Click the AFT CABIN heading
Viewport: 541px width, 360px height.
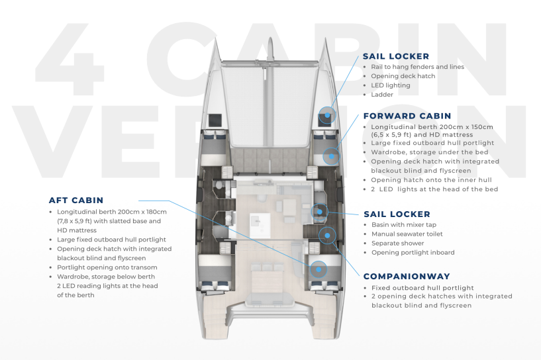click(x=76, y=200)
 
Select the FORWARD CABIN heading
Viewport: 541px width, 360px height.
click(x=407, y=116)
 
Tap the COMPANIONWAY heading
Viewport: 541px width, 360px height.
click(x=407, y=276)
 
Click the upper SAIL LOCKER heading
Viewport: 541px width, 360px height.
click(x=396, y=56)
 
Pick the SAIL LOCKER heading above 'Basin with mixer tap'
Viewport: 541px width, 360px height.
click(x=397, y=214)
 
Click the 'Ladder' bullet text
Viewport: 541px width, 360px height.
click(x=382, y=95)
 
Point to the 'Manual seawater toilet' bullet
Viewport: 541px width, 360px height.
click(x=407, y=234)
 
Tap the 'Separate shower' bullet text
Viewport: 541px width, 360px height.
click(x=397, y=243)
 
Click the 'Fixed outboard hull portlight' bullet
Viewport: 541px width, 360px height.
click(x=422, y=288)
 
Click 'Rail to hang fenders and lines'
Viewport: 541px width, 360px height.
click(x=417, y=67)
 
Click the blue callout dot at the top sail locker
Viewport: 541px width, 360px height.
click(x=326, y=114)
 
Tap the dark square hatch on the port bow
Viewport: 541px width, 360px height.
click(x=215, y=120)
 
